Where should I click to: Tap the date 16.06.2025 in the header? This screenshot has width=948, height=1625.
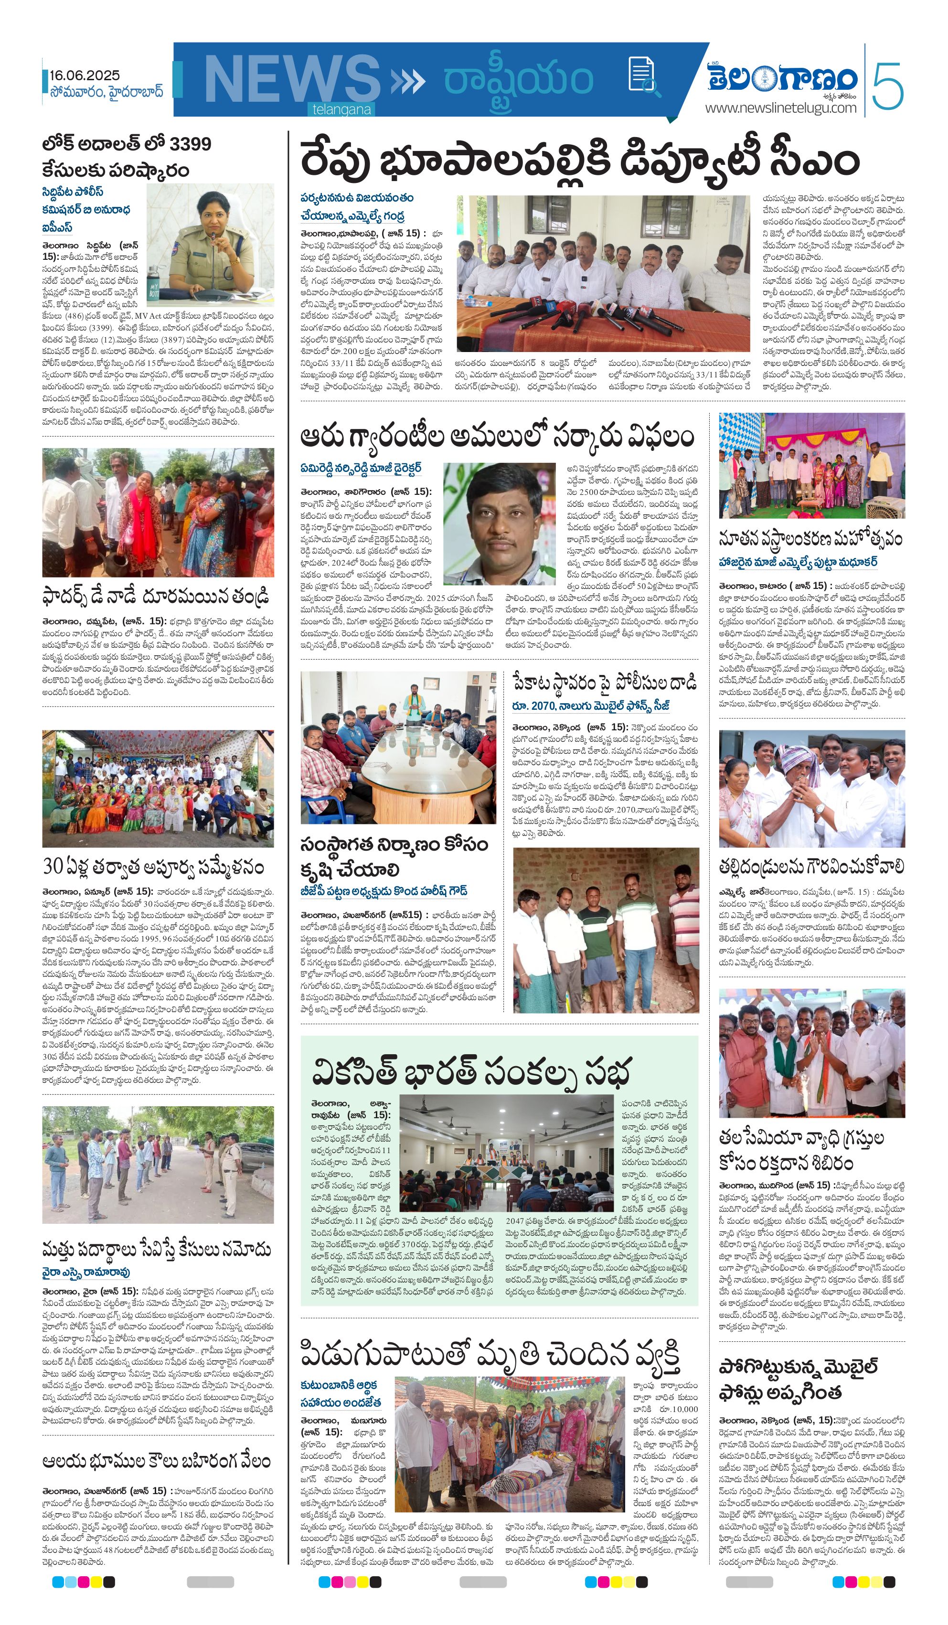(85, 75)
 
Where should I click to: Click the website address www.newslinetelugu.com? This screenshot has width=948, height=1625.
(780, 107)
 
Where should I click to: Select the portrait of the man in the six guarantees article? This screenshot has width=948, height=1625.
(499, 523)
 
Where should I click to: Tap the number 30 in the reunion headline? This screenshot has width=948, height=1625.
(53, 866)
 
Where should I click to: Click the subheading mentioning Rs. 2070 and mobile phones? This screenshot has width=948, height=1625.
(591, 706)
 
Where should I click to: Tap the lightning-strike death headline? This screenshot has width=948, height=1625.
(490, 1356)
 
